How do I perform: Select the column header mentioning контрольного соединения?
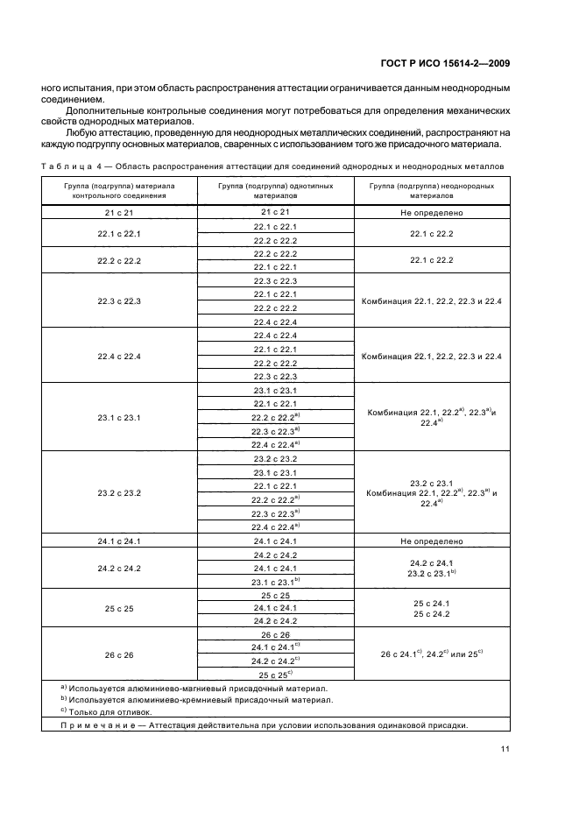click(119, 191)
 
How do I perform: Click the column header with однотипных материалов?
click(275, 191)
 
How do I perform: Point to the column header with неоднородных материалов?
click(431, 191)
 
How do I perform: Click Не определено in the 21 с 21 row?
click(431, 213)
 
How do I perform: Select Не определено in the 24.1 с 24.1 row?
click(431, 541)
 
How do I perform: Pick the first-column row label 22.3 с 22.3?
click(119, 301)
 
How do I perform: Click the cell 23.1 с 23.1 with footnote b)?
click(276, 582)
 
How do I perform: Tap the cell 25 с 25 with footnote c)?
click(276, 674)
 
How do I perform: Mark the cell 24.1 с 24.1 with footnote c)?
click(276, 647)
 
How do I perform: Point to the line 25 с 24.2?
click(431, 614)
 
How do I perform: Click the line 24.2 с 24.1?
click(431, 562)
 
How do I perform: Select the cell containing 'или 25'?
click(433, 654)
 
